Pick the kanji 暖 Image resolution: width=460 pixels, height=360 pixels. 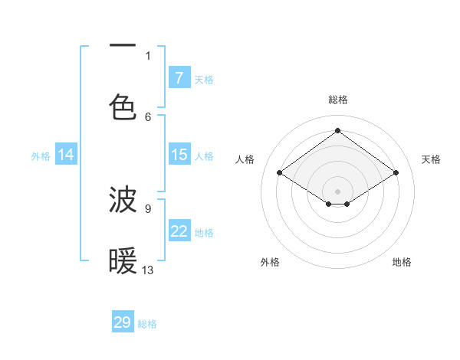pos(123,261)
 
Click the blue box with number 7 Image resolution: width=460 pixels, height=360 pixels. pos(179,77)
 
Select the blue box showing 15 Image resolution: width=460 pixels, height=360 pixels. pos(179,155)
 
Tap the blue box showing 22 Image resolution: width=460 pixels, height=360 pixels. pos(179,231)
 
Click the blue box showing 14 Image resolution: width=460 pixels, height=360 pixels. pos(66,155)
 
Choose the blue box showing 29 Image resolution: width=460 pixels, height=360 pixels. pos(123,322)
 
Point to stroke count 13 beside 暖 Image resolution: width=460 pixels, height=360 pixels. pos(148,270)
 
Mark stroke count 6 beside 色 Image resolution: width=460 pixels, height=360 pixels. pos(148,116)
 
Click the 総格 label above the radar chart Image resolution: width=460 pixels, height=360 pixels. pos(337,100)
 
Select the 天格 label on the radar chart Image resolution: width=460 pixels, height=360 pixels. pos(431,159)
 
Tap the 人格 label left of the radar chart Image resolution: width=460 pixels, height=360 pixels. pos(245,159)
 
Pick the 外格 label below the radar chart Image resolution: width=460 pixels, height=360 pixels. pos(270,262)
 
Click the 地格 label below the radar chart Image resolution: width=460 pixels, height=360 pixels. pos(402,262)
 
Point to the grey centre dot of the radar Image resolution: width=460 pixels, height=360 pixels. pos(337,190)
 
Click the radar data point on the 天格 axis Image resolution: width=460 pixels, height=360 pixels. pos(396,173)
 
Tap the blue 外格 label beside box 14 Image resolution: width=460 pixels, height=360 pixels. pos(41,155)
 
